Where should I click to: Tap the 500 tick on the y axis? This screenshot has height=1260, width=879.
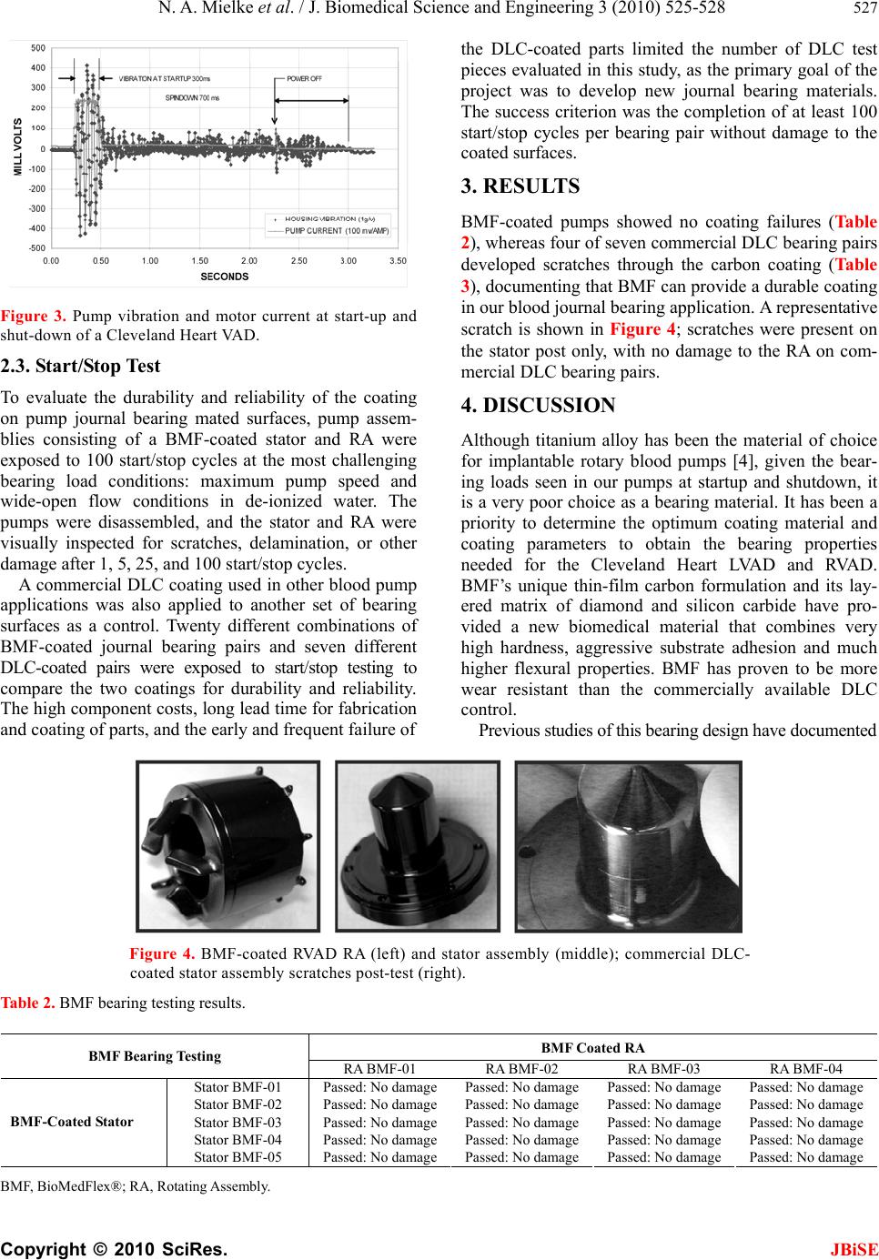[38, 47]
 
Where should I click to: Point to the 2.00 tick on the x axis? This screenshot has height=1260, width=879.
[249, 261]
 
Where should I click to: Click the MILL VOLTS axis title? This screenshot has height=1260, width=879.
[16, 147]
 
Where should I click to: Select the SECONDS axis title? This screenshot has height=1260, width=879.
[225, 276]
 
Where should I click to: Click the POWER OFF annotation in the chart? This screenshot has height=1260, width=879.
[305, 78]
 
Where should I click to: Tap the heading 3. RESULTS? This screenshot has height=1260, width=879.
[520, 187]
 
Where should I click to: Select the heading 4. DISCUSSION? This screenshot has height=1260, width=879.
[538, 405]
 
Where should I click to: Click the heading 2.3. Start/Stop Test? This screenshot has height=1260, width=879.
[81, 367]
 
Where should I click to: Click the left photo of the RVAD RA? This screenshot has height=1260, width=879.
[227, 846]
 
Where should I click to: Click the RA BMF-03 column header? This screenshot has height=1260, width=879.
[663, 1068]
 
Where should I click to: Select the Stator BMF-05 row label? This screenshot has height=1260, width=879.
[238, 1157]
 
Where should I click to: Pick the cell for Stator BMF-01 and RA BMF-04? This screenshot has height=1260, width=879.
[806, 1087]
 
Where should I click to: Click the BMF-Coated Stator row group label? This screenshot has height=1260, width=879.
[72, 1122]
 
